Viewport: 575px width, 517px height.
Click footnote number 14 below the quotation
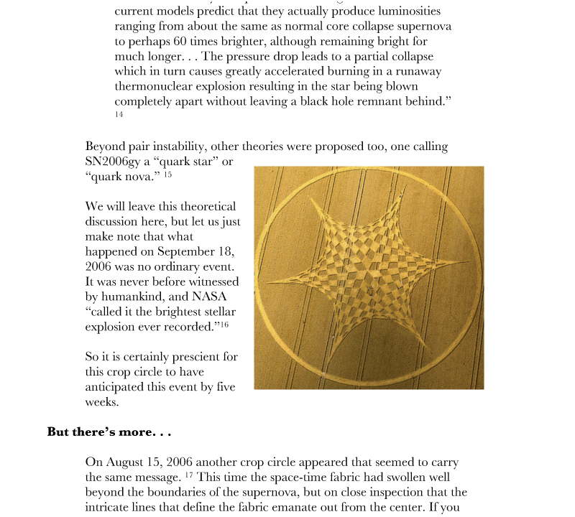point(119,115)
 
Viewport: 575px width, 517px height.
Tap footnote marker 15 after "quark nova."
point(167,175)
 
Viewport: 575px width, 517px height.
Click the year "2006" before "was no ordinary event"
point(101,266)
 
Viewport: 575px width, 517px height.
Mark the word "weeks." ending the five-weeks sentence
point(101,402)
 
